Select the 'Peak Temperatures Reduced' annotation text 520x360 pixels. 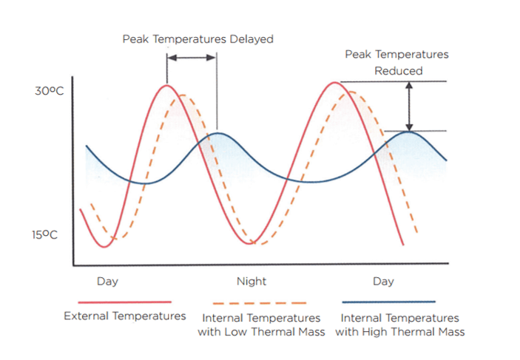pyautogui.click(x=396, y=63)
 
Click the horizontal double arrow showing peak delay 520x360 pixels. pyautogui.click(x=192, y=58)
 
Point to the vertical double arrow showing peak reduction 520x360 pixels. pyautogui.click(x=410, y=106)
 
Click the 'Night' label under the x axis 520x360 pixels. pyautogui.click(x=251, y=281)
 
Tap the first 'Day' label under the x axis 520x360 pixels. pyautogui.click(x=107, y=281)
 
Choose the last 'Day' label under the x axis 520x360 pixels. pyautogui.click(x=383, y=281)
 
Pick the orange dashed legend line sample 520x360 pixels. pyautogui.click(x=259, y=303)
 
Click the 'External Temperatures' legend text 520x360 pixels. pyautogui.click(x=125, y=316)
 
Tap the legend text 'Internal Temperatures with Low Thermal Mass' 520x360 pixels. pyautogui.click(x=261, y=325)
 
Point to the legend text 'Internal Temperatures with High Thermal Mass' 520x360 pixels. pyautogui.click(x=400, y=325)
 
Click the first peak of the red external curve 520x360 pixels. pyautogui.click(x=167, y=86)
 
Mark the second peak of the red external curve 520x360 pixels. pyautogui.click(x=334, y=83)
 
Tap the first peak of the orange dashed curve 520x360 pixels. pyautogui.click(x=183, y=95)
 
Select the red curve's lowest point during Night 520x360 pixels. pyautogui.click(x=252, y=242)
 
